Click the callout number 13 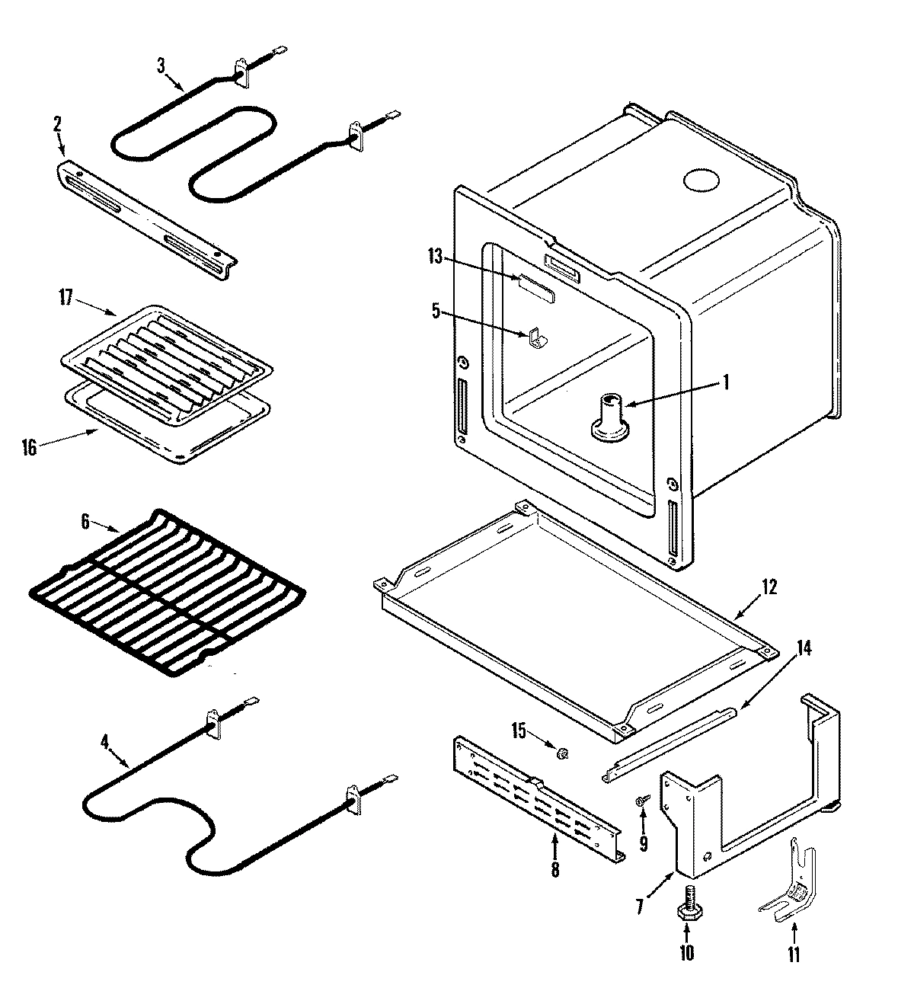434,257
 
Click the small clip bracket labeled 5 536,337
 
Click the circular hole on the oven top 701,181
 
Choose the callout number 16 29,447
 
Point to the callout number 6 85,522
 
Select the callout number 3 161,66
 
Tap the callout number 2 57,124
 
